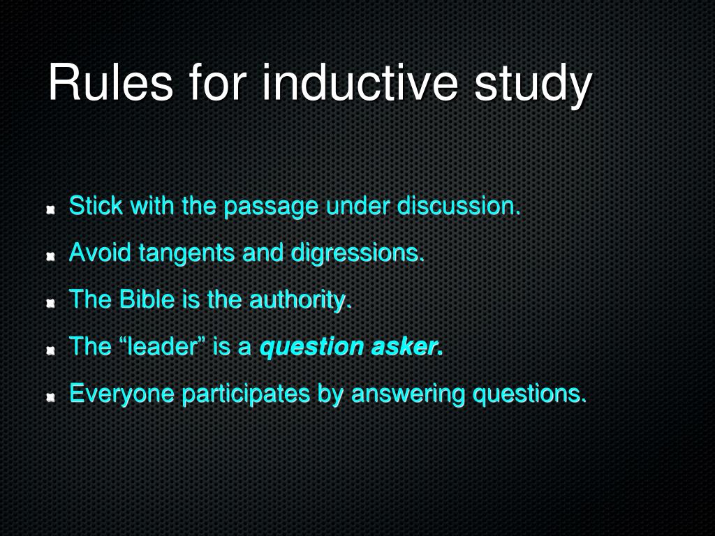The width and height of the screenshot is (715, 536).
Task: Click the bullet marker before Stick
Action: click(51, 210)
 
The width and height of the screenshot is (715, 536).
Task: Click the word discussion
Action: click(459, 207)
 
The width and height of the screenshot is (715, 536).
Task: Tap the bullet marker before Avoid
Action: click(51, 257)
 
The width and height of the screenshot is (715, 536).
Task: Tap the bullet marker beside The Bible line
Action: click(51, 304)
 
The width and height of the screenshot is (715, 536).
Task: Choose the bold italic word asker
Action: click(406, 347)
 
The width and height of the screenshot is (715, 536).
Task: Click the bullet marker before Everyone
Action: click(51, 398)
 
